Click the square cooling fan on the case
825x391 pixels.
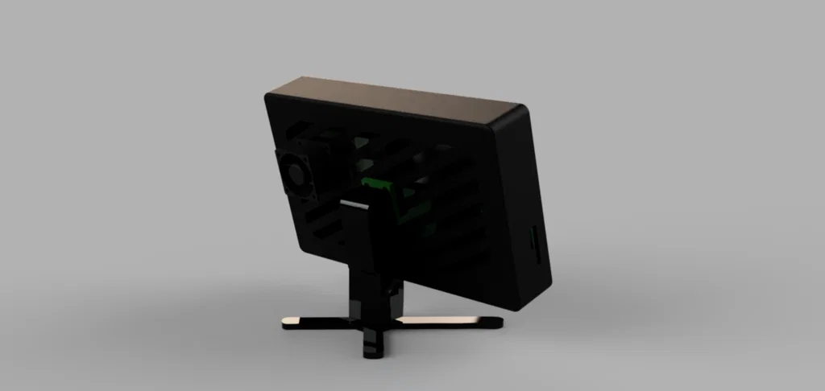(x=300, y=174)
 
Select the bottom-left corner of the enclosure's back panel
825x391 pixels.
(x=301, y=245)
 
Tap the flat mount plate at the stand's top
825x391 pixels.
(x=359, y=233)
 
